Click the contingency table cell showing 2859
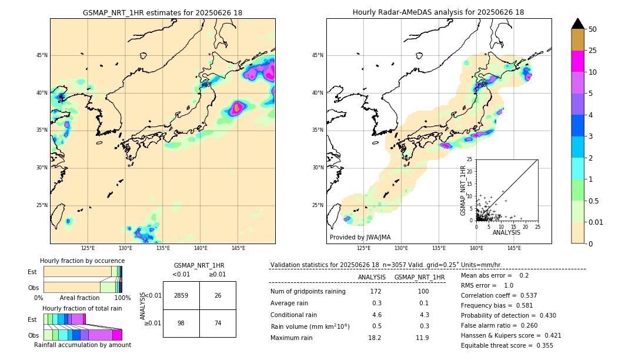[181, 295]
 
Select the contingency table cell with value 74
[218, 324]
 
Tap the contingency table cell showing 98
[181, 324]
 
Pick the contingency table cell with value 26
[218, 295]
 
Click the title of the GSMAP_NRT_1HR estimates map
[162, 12]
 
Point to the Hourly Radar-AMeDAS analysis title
[439, 12]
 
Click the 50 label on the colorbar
[593, 29]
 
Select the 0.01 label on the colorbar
[596, 222]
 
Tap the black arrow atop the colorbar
[578, 24]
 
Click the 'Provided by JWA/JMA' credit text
[360, 237]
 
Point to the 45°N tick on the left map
[42, 55]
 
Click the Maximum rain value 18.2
[375, 338]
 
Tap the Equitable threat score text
[507, 345]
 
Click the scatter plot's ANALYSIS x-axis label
[506, 233]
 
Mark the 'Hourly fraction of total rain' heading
[82, 308]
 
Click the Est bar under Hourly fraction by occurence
[82, 271]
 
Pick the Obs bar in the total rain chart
[82, 335]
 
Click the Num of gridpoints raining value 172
[376, 292]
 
